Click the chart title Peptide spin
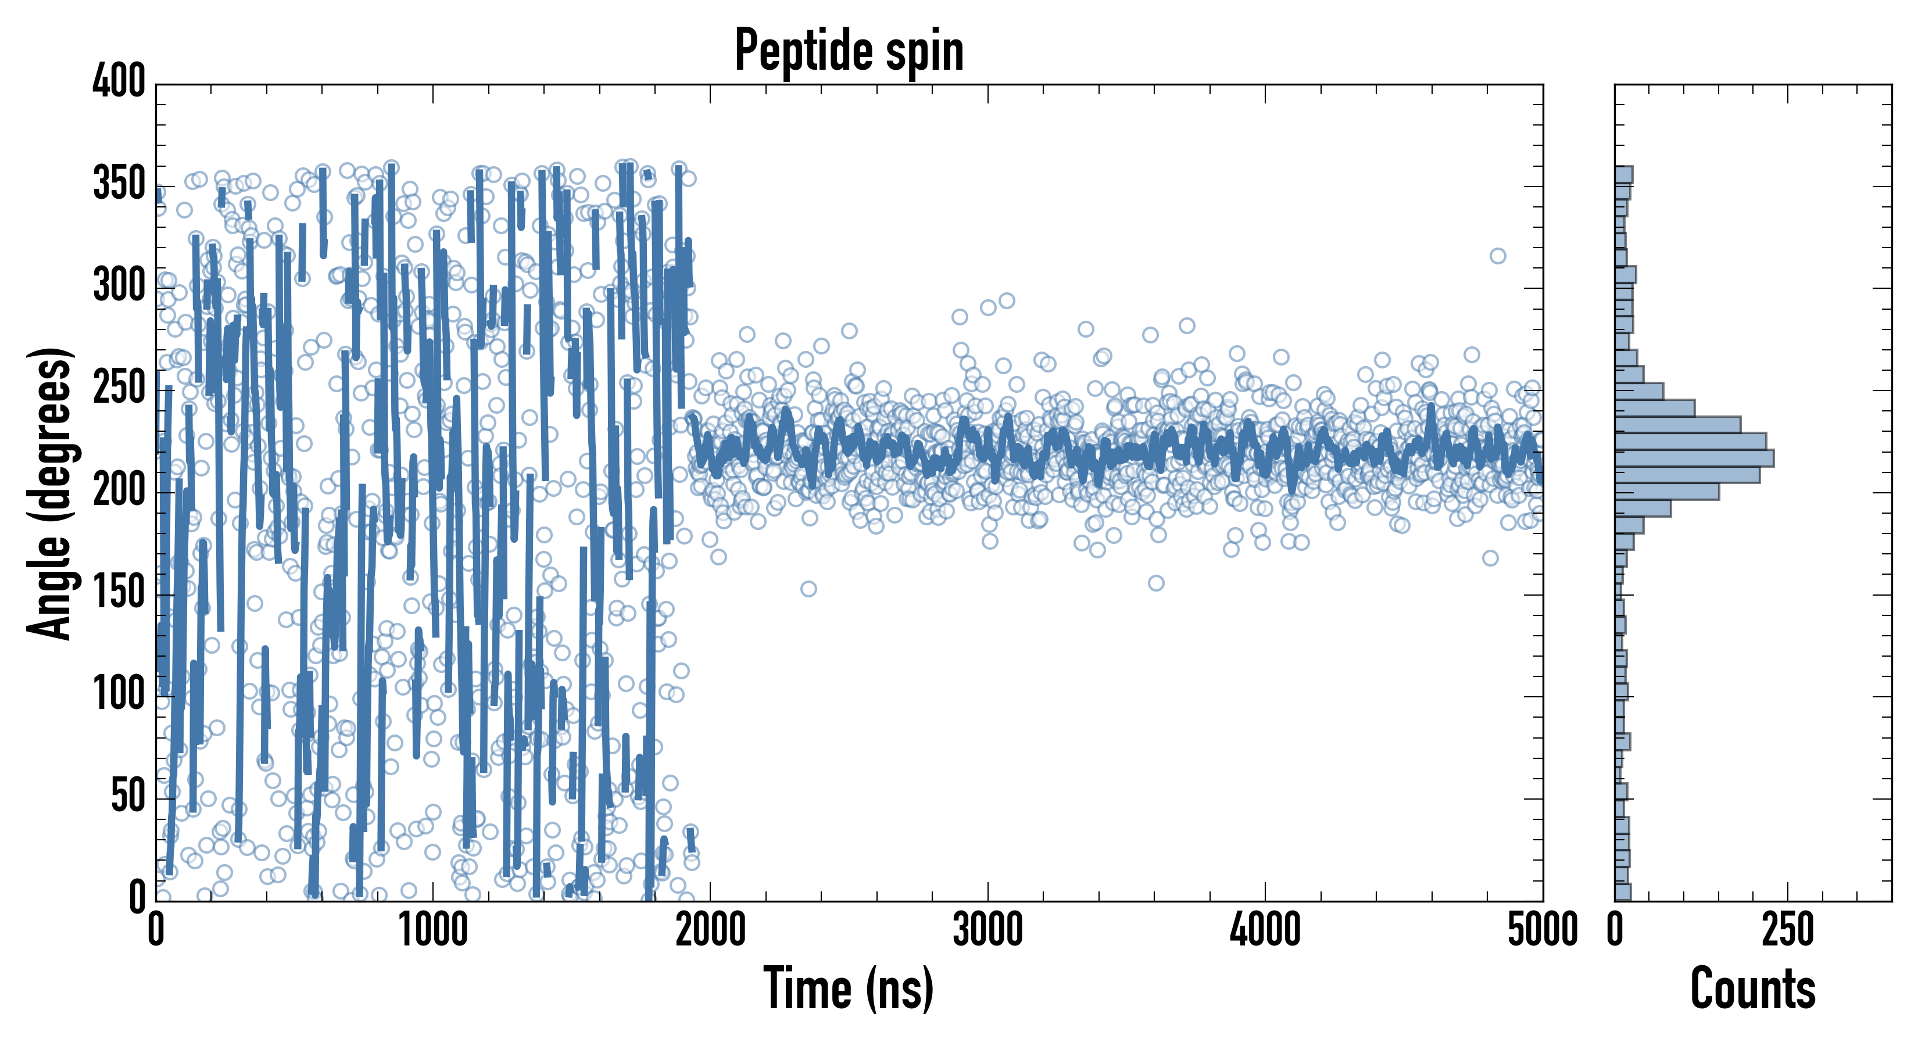(849, 51)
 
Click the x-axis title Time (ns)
(849, 988)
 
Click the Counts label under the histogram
(1753, 988)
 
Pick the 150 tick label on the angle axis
(119, 593)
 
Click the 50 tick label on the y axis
(128, 797)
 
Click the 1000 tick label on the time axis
(434, 930)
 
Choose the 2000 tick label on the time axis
(710, 930)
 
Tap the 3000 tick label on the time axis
(987, 930)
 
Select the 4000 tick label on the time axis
(1265, 930)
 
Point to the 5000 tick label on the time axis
(1542, 930)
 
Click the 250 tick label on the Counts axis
(1787, 930)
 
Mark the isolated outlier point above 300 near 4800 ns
(1497, 256)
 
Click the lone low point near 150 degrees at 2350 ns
(808, 589)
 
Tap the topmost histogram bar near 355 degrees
(1623, 175)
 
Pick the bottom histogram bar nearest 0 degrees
(1622, 892)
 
